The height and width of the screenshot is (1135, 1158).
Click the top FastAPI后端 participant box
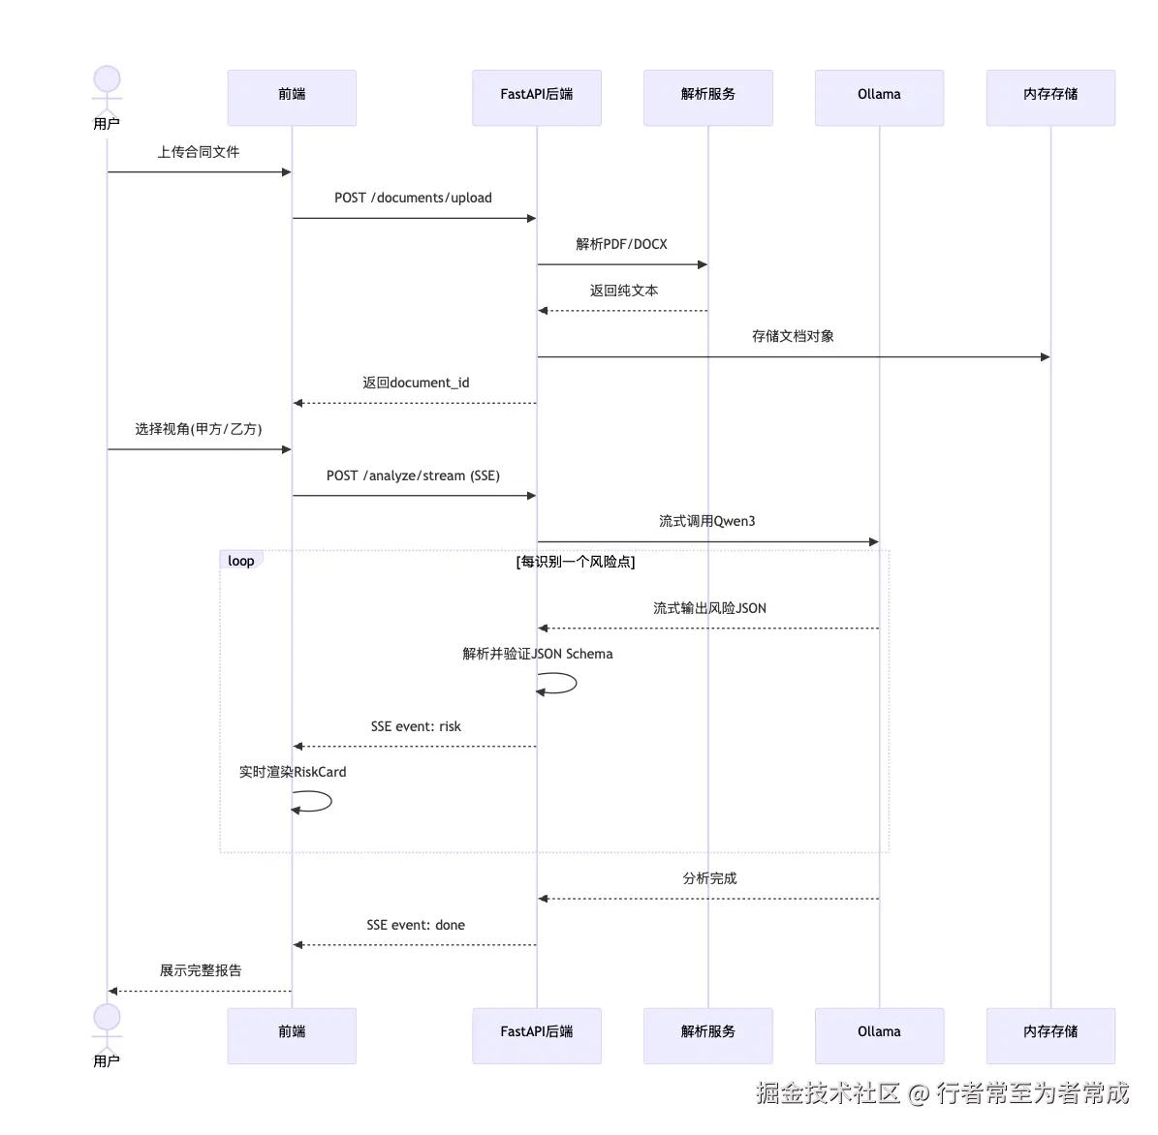point(537,98)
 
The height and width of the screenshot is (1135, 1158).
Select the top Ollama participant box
point(879,98)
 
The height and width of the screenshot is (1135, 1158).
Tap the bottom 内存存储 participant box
point(1050,1035)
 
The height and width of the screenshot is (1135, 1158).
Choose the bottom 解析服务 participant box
point(708,1035)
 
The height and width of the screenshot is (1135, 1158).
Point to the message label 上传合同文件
point(199,152)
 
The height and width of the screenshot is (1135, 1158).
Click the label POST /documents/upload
point(414,198)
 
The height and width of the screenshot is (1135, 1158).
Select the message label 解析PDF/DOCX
point(622,244)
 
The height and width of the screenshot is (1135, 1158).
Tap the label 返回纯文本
point(624,291)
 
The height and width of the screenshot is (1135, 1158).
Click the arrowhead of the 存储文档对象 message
point(1045,357)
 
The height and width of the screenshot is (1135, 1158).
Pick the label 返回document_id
point(416,383)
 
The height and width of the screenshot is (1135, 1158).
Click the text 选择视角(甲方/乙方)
point(199,429)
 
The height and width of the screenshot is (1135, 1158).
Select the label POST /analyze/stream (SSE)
point(414,475)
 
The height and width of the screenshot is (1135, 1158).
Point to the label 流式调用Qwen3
point(707,521)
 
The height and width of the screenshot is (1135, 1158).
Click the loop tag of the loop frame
point(241,561)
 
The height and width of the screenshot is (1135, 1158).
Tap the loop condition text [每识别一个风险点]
point(576,562)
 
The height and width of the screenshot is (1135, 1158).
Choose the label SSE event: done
point(416,925)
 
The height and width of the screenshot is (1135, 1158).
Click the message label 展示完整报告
point(201,970)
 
